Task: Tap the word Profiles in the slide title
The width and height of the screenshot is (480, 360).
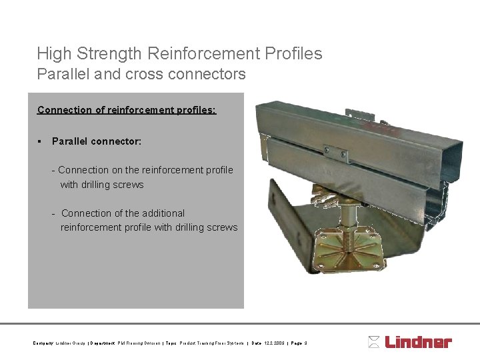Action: pos(292,53)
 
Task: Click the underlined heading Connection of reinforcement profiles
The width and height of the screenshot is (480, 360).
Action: pos(127,109)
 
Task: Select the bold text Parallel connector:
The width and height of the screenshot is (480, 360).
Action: pos(97,141)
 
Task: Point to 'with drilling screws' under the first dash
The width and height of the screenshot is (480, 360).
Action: pos(102,185)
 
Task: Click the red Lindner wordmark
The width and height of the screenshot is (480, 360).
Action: pos(418,342)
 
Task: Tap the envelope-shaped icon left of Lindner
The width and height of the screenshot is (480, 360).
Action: pos(374,342)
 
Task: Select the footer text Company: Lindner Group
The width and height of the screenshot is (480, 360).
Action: pos(59,343)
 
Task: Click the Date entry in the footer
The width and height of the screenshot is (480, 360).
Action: pos(265,343)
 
